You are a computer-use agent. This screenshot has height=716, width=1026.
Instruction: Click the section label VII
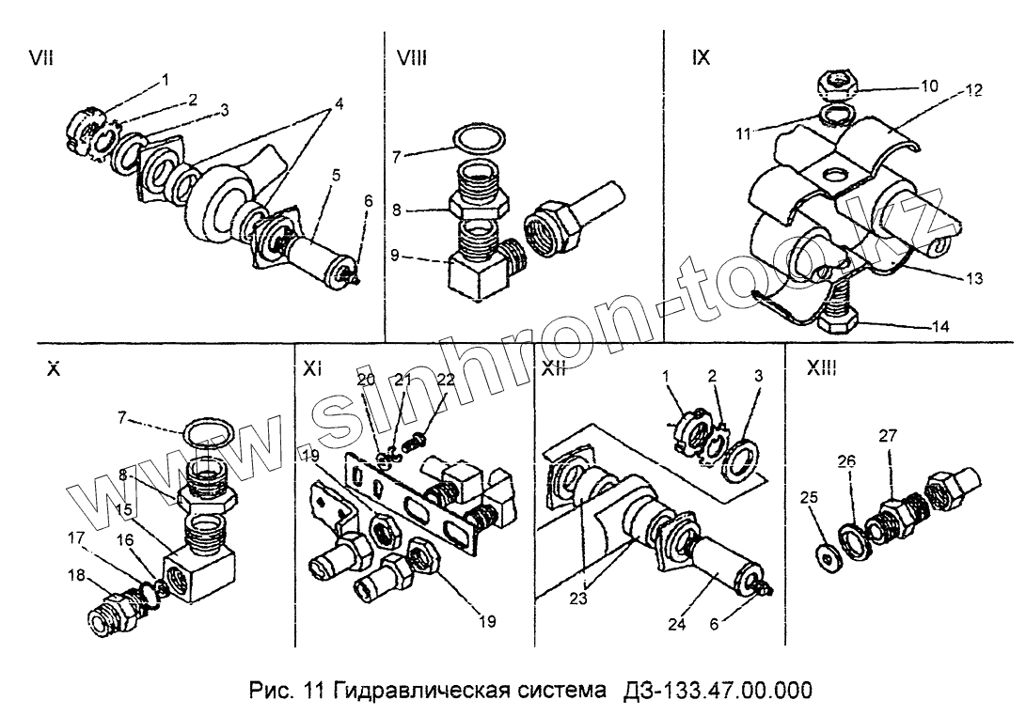[x=41, y=58]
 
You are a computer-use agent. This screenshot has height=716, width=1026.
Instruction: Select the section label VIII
[x=412, y=58]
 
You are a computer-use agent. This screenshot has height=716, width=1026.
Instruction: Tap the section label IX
[x=701, y=58]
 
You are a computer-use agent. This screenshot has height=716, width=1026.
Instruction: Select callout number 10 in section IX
[x=929, y=86]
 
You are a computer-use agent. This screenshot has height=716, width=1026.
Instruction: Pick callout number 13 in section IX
[x=973, y=278]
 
